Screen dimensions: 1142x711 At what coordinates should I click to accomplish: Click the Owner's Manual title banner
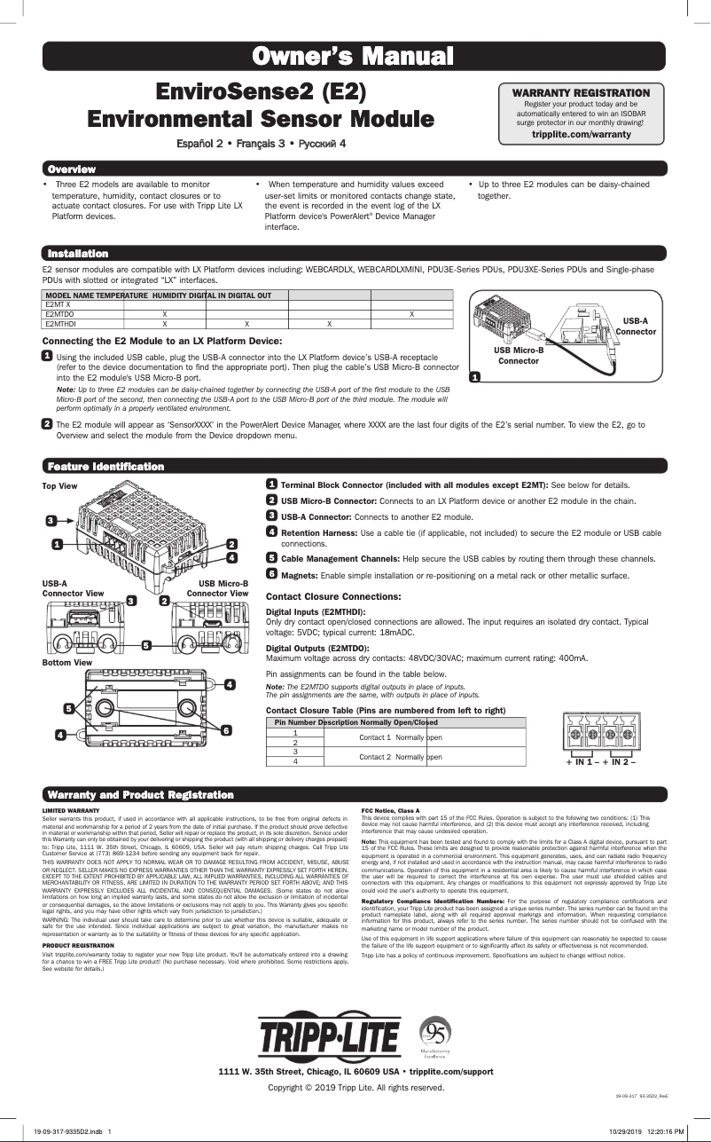355,58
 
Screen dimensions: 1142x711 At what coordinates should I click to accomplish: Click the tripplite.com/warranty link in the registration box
581,134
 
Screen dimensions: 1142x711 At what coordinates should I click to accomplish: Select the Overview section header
72,169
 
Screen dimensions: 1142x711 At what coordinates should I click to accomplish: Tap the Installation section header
78,254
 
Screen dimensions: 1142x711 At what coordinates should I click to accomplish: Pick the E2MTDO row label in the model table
59,314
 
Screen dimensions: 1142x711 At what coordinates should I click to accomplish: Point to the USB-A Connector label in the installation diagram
636,326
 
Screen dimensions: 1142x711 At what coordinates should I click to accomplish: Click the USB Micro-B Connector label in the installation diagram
519,356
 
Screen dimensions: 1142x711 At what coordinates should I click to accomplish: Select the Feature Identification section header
105,466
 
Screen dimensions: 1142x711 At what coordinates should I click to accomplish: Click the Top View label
60,486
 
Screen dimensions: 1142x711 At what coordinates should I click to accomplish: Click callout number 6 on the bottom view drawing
226,729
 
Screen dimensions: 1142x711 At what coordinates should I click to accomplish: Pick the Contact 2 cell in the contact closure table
374,757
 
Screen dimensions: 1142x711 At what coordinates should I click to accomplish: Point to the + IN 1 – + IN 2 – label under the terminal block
600,762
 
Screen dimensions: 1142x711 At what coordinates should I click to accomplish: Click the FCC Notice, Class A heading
391,811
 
